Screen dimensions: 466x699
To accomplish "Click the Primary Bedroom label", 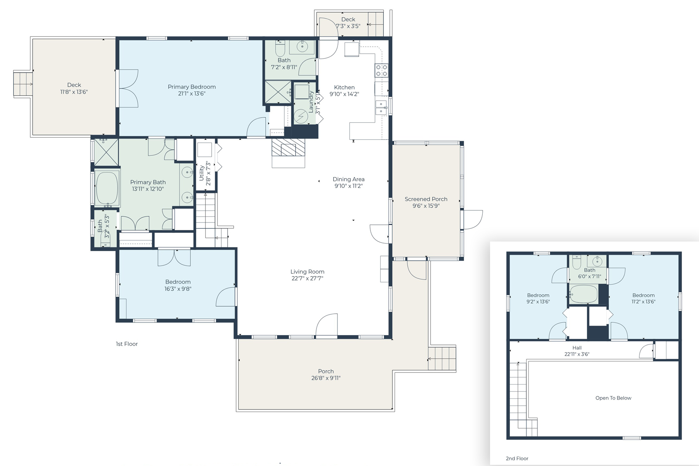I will coord(191,87).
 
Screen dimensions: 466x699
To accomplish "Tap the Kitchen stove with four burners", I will coord(381,70).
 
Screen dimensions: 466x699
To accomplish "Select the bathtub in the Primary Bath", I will coord(107,188).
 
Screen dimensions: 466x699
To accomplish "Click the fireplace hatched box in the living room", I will coord(288,148).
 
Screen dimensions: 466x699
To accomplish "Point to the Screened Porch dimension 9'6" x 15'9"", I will coord(426,206).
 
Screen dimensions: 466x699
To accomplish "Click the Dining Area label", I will coord(348,179).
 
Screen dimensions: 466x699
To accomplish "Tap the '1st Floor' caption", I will coord(127,344).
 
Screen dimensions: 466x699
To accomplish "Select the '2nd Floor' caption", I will coord(517,458).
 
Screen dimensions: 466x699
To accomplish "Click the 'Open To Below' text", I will coord(613,398).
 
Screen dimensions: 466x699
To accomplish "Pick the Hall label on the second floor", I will coord(577,348).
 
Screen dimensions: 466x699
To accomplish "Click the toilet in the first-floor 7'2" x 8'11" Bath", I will coord(280,48).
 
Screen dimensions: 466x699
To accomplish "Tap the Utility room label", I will coord(202,173).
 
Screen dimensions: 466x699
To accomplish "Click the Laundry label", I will coord(311,102).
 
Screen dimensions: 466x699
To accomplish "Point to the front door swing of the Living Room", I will coord(327,325).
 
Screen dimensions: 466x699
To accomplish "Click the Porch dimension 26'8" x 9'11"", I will coord(326,378).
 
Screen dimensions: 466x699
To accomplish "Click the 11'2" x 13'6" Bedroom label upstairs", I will coord(643,295).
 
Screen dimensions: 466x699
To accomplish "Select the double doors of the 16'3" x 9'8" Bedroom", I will coord(174,257).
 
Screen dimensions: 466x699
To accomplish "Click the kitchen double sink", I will coord(381,108).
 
